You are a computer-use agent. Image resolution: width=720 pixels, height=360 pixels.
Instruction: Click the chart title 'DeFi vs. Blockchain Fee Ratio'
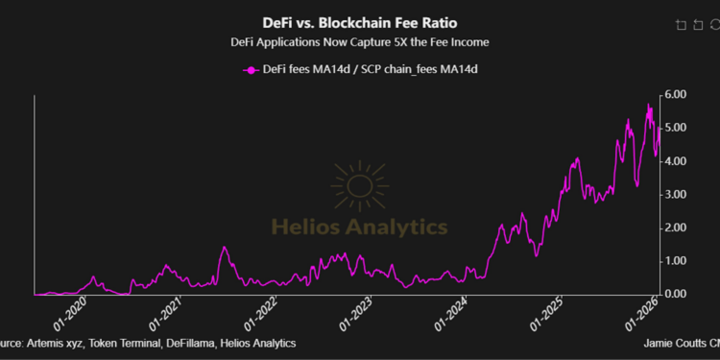point(360,21)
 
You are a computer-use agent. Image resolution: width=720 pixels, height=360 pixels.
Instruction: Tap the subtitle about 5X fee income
point(360,42)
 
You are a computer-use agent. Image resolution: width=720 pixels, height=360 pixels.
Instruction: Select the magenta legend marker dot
point(252,69)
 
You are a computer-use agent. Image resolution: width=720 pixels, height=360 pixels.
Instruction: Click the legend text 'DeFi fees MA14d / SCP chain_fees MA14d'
point(370,69)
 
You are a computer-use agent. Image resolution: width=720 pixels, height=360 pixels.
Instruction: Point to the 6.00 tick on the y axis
point(675,95)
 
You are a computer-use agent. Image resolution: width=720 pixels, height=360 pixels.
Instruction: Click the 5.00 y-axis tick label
point(675,128)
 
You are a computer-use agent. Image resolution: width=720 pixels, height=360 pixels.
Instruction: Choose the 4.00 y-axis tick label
point(675,161)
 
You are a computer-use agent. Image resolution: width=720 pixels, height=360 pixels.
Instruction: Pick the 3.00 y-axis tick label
point(675,194)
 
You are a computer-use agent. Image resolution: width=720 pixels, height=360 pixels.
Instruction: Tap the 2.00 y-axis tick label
point(675,228)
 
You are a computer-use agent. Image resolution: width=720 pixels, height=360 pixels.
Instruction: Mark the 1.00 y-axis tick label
point(675,260)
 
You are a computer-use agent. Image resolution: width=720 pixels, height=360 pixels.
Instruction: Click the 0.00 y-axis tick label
point(675,294)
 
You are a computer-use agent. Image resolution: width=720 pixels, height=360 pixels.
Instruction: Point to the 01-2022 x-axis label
point(263,313)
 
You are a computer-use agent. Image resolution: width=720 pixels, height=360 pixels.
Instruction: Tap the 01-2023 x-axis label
point(357,313)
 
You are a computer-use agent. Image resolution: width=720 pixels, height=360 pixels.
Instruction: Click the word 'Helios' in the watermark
point(303,228)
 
